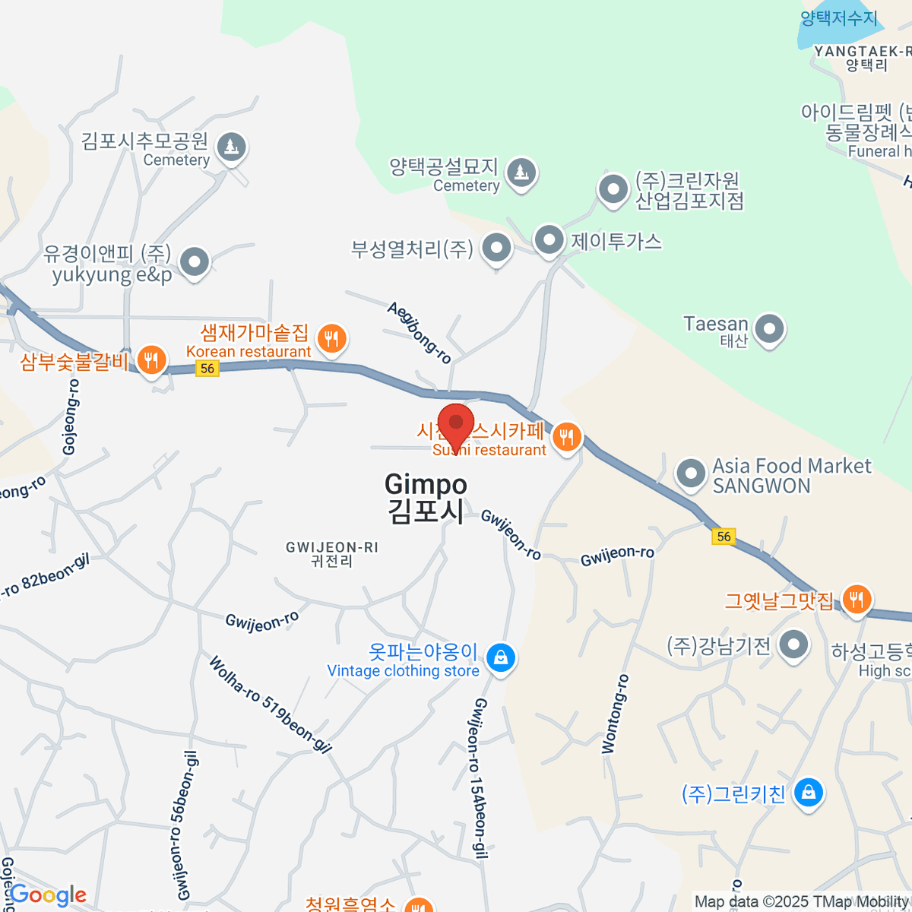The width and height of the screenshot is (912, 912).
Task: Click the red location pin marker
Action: point(456,423)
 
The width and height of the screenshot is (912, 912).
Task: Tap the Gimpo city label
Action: point(426,498)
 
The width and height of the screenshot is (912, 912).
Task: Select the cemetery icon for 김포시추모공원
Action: point(231,146)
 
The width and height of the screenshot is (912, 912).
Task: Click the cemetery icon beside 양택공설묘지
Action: point(521,173)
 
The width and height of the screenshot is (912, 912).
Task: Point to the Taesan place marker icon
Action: point(769,330)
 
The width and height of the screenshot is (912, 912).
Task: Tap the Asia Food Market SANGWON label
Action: point(790,476)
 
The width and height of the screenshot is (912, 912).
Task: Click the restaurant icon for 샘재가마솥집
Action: point(331,338)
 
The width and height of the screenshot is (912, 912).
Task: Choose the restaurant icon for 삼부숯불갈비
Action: point(152,359)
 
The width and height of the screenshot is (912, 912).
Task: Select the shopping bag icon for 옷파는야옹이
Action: point(500,658)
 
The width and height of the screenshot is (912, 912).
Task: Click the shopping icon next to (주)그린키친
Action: point(809,793)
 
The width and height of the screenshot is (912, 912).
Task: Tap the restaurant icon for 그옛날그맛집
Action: point(857,599)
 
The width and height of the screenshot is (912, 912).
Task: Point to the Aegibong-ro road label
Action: point(419,332)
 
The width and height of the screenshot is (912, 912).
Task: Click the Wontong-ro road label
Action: point(615,714)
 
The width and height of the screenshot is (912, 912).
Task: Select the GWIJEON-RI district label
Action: point(332,554)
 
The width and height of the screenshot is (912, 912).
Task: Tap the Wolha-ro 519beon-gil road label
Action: point(271,705)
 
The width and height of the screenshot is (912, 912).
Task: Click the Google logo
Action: point(49,895)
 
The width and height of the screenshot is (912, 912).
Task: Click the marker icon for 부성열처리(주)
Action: point(497,247)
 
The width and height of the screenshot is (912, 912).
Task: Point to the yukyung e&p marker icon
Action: point(195,262)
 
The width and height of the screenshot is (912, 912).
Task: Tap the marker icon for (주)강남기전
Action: point(793,646)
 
